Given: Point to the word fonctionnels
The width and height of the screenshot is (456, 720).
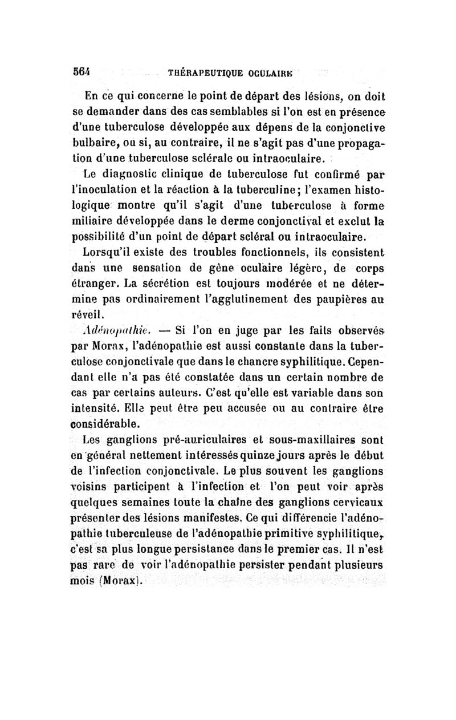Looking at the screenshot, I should [260, 254].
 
